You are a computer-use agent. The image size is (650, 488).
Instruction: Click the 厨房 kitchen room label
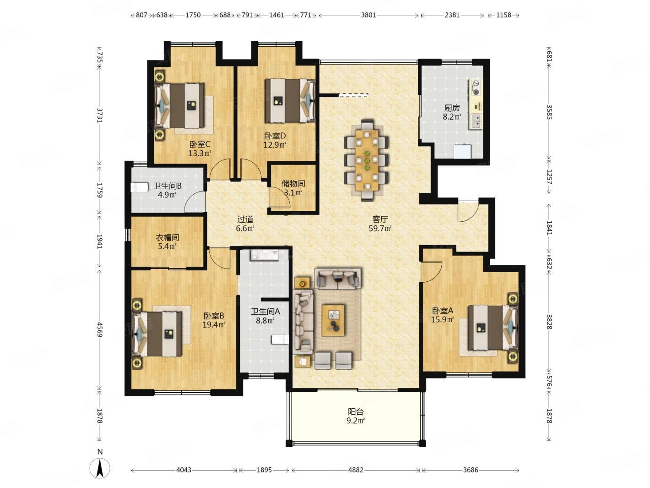(452, 108)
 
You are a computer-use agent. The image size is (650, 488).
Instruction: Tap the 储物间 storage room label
(293, 184)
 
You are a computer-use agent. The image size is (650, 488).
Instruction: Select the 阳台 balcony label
(355, 412)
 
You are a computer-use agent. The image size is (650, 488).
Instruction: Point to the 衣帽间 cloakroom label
(167, 237)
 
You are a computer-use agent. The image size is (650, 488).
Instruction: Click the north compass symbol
(100, 468)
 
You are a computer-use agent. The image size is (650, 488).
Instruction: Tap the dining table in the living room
(367, 160)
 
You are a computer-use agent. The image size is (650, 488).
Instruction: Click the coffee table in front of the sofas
(333, 320)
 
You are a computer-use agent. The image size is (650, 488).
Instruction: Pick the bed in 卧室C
(180, 106)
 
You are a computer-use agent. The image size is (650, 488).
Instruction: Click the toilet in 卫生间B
(140, 187)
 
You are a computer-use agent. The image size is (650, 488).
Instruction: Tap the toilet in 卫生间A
(280, 340)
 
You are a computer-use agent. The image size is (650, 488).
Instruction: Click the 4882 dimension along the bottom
(355, 470)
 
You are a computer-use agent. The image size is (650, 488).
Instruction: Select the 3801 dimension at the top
(368, 15)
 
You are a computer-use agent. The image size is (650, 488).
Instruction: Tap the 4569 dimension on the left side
(99, 329)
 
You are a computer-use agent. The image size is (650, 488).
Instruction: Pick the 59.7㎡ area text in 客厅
(380, 229)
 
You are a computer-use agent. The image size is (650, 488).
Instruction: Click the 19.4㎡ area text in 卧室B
(214, 325)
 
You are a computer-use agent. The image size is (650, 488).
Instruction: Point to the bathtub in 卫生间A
(265, 255)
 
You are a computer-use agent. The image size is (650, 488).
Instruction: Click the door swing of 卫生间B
(195, 202)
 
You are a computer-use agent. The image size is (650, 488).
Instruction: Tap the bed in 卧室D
(290, 100)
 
